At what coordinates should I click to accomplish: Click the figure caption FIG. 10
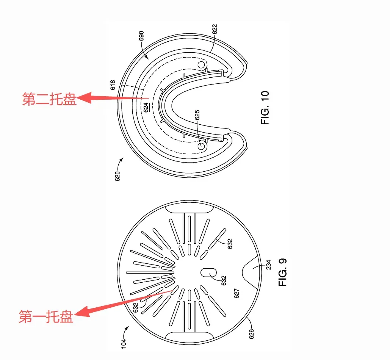point(265,108)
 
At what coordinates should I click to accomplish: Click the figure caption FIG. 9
point(283,272)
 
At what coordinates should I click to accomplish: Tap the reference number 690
point(141,36)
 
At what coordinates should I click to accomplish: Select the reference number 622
point(215,29)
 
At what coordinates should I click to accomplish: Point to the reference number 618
point(113,85)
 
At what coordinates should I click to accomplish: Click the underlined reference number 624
point(146,107)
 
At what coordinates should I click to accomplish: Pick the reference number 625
point(197,115)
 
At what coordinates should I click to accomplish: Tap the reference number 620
point(117,176)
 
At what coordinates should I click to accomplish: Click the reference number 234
point(268,265)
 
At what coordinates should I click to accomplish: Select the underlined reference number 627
point(237,293)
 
